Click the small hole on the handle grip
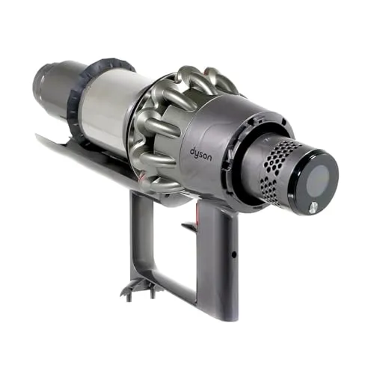point(233,254)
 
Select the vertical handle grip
point(221,262)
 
